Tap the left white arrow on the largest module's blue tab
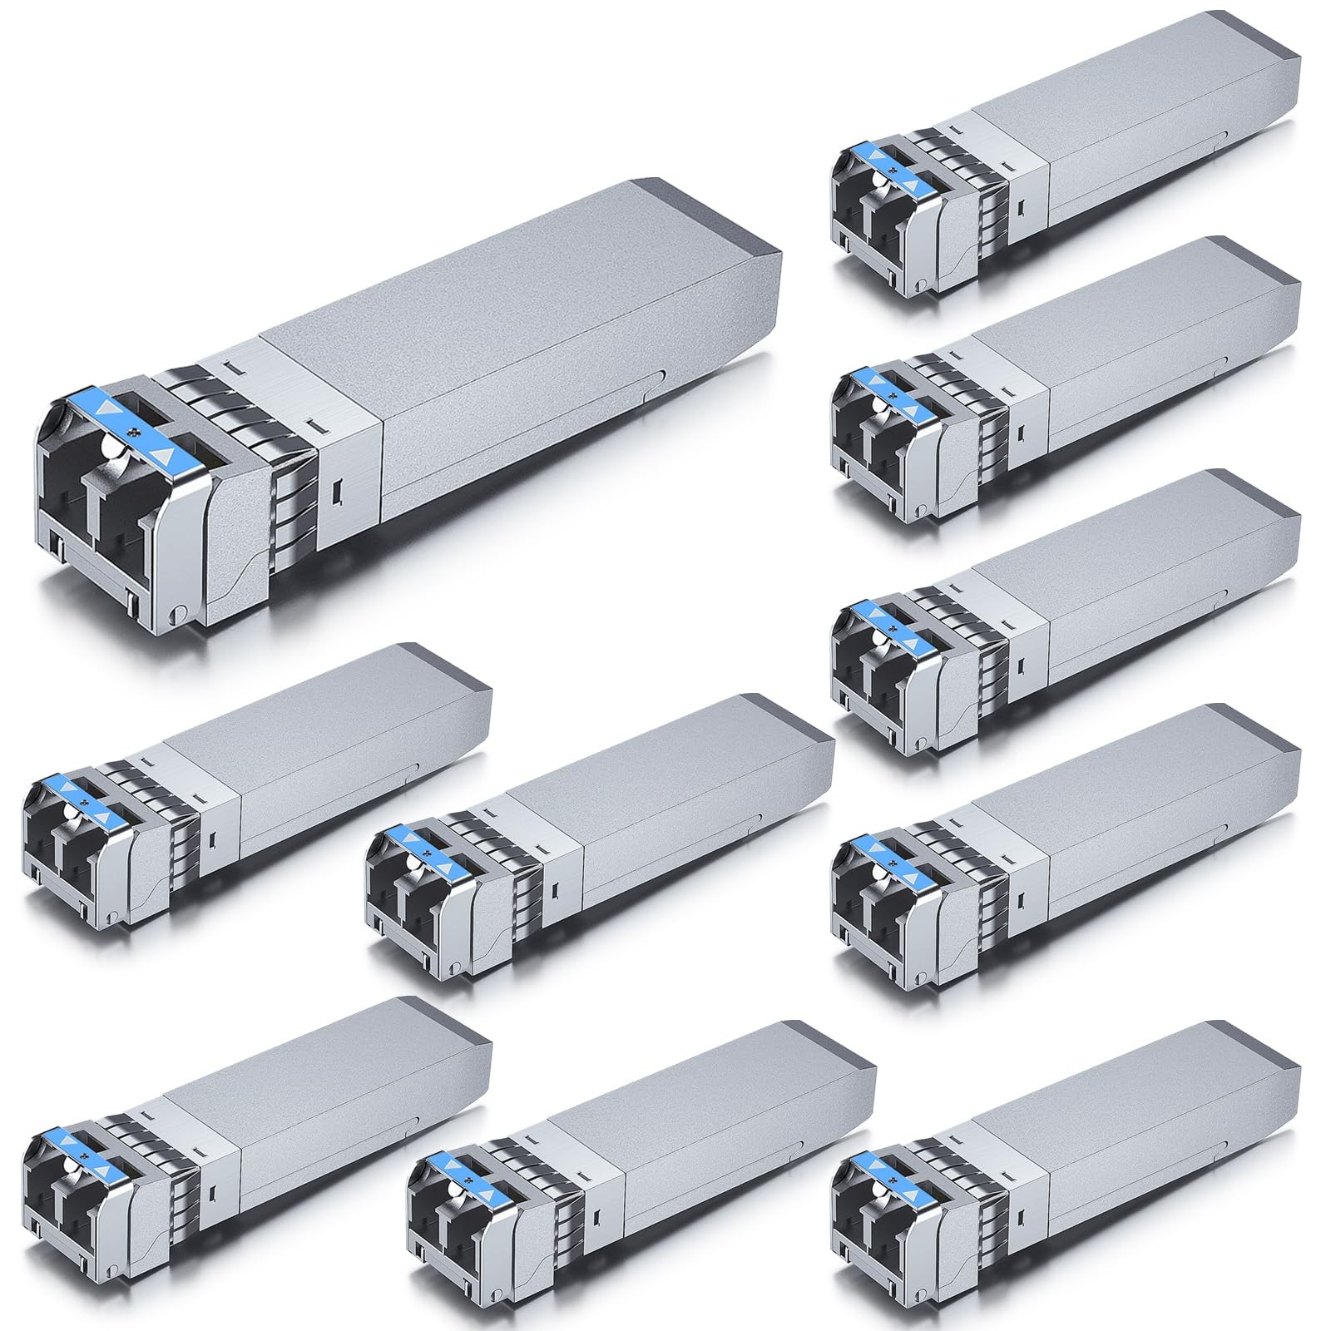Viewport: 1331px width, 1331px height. [103, 409]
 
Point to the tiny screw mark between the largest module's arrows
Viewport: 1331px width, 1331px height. [134, 432]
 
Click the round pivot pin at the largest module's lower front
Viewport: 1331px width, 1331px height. [176, 616]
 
